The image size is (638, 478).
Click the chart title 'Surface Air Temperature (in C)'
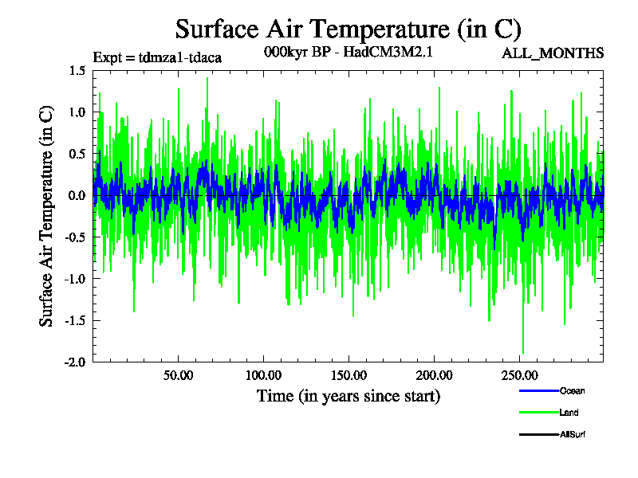coord(348,29)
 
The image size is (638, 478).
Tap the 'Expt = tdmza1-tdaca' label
coord(157,57)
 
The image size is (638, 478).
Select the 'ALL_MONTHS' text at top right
coord(553,53)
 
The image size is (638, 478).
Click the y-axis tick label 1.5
coord(77,71)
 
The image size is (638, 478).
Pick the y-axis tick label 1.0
coord(77,112)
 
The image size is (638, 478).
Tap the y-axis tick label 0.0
coord(77,195)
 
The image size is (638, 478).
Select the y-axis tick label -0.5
coord(75,237)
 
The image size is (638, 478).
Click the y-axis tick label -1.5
coord(75,319)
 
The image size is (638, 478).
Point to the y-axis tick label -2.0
coord(75,361)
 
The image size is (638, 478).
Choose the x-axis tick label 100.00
coord(263,375)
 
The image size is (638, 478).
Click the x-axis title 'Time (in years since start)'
coord(348,396)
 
